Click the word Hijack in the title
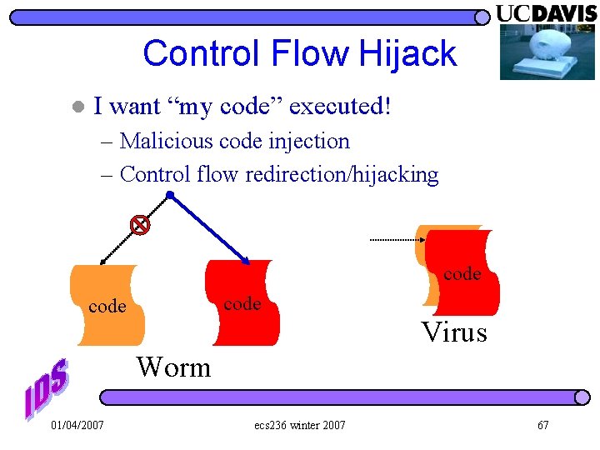pyautogui.click(x=408, y=54)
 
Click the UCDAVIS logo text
pyautogui.click(x=547, y=13)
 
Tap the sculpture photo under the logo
pyautogui.click(x=547, y=52)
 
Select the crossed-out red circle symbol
pyautogui.click(x=141, y=224)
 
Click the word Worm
pyautogui.click(x=174, y=367)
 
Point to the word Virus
pyautogui.click(x=454, y=332)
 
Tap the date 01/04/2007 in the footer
pyautogui.click(x=77, y=426)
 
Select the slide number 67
pyautogui.click(x=542, y=426)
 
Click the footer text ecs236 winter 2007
pyautogui.click(x=300, y=426)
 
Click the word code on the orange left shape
pyautogui.click(x=107, y=307)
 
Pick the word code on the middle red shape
pyautogui.click(x=242, y=304)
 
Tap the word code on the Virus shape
pyautogui.click(x=462, y=273)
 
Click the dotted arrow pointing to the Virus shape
pyautogui.click(x=397, y=240)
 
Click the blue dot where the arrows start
pyautogui.click(x=169, y=195)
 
